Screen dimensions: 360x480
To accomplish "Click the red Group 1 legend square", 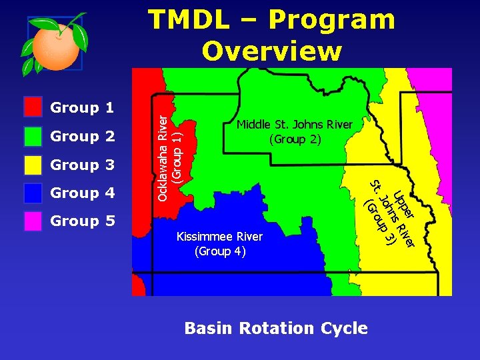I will [33, 107].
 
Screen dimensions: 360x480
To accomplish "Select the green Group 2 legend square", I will [33, 136].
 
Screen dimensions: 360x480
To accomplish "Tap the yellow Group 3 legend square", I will [33, 165].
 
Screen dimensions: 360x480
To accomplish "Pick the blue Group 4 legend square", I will [33, 193].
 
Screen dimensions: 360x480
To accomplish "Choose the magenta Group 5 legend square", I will [33, 221].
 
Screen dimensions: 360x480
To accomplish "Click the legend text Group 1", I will [83, 107].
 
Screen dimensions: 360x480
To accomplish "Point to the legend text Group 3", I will [83, 165].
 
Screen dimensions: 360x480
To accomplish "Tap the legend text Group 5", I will [83, 221].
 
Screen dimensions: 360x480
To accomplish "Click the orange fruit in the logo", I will [55, 45].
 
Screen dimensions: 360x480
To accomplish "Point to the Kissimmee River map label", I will [219, 237].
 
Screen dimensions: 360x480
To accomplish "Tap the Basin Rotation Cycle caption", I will [276, 328].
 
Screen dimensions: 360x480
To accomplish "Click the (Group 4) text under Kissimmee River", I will [220, 251].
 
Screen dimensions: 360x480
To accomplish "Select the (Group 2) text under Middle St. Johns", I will [295, 140].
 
